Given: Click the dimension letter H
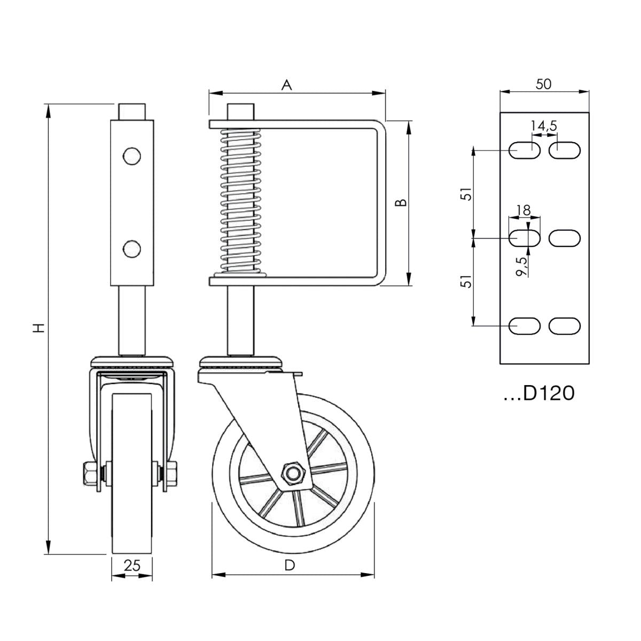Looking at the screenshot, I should [x=37, y=327].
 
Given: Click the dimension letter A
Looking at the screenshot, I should [x=287, y=85].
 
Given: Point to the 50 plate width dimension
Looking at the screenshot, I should [x=544, y=84].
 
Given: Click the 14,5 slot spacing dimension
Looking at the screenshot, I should [x=544, y=126].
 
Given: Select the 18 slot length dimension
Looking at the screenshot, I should [x=524, y=210].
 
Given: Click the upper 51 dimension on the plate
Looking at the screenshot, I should [x=467, y=194].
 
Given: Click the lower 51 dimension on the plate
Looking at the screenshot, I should [x=467, y=282].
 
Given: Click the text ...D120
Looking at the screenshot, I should [x=539, y=394].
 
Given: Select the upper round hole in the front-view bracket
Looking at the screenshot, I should [x=131, y=155].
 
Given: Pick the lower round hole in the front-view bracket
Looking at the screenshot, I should [x=131, y=248].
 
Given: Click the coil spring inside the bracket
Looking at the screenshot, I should [x=240, y=200].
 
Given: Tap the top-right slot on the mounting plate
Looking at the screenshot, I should [x=565, y=150].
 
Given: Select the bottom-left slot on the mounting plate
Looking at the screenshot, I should [x=524, y=326].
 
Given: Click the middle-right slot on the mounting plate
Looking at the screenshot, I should [x=565, y=238].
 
